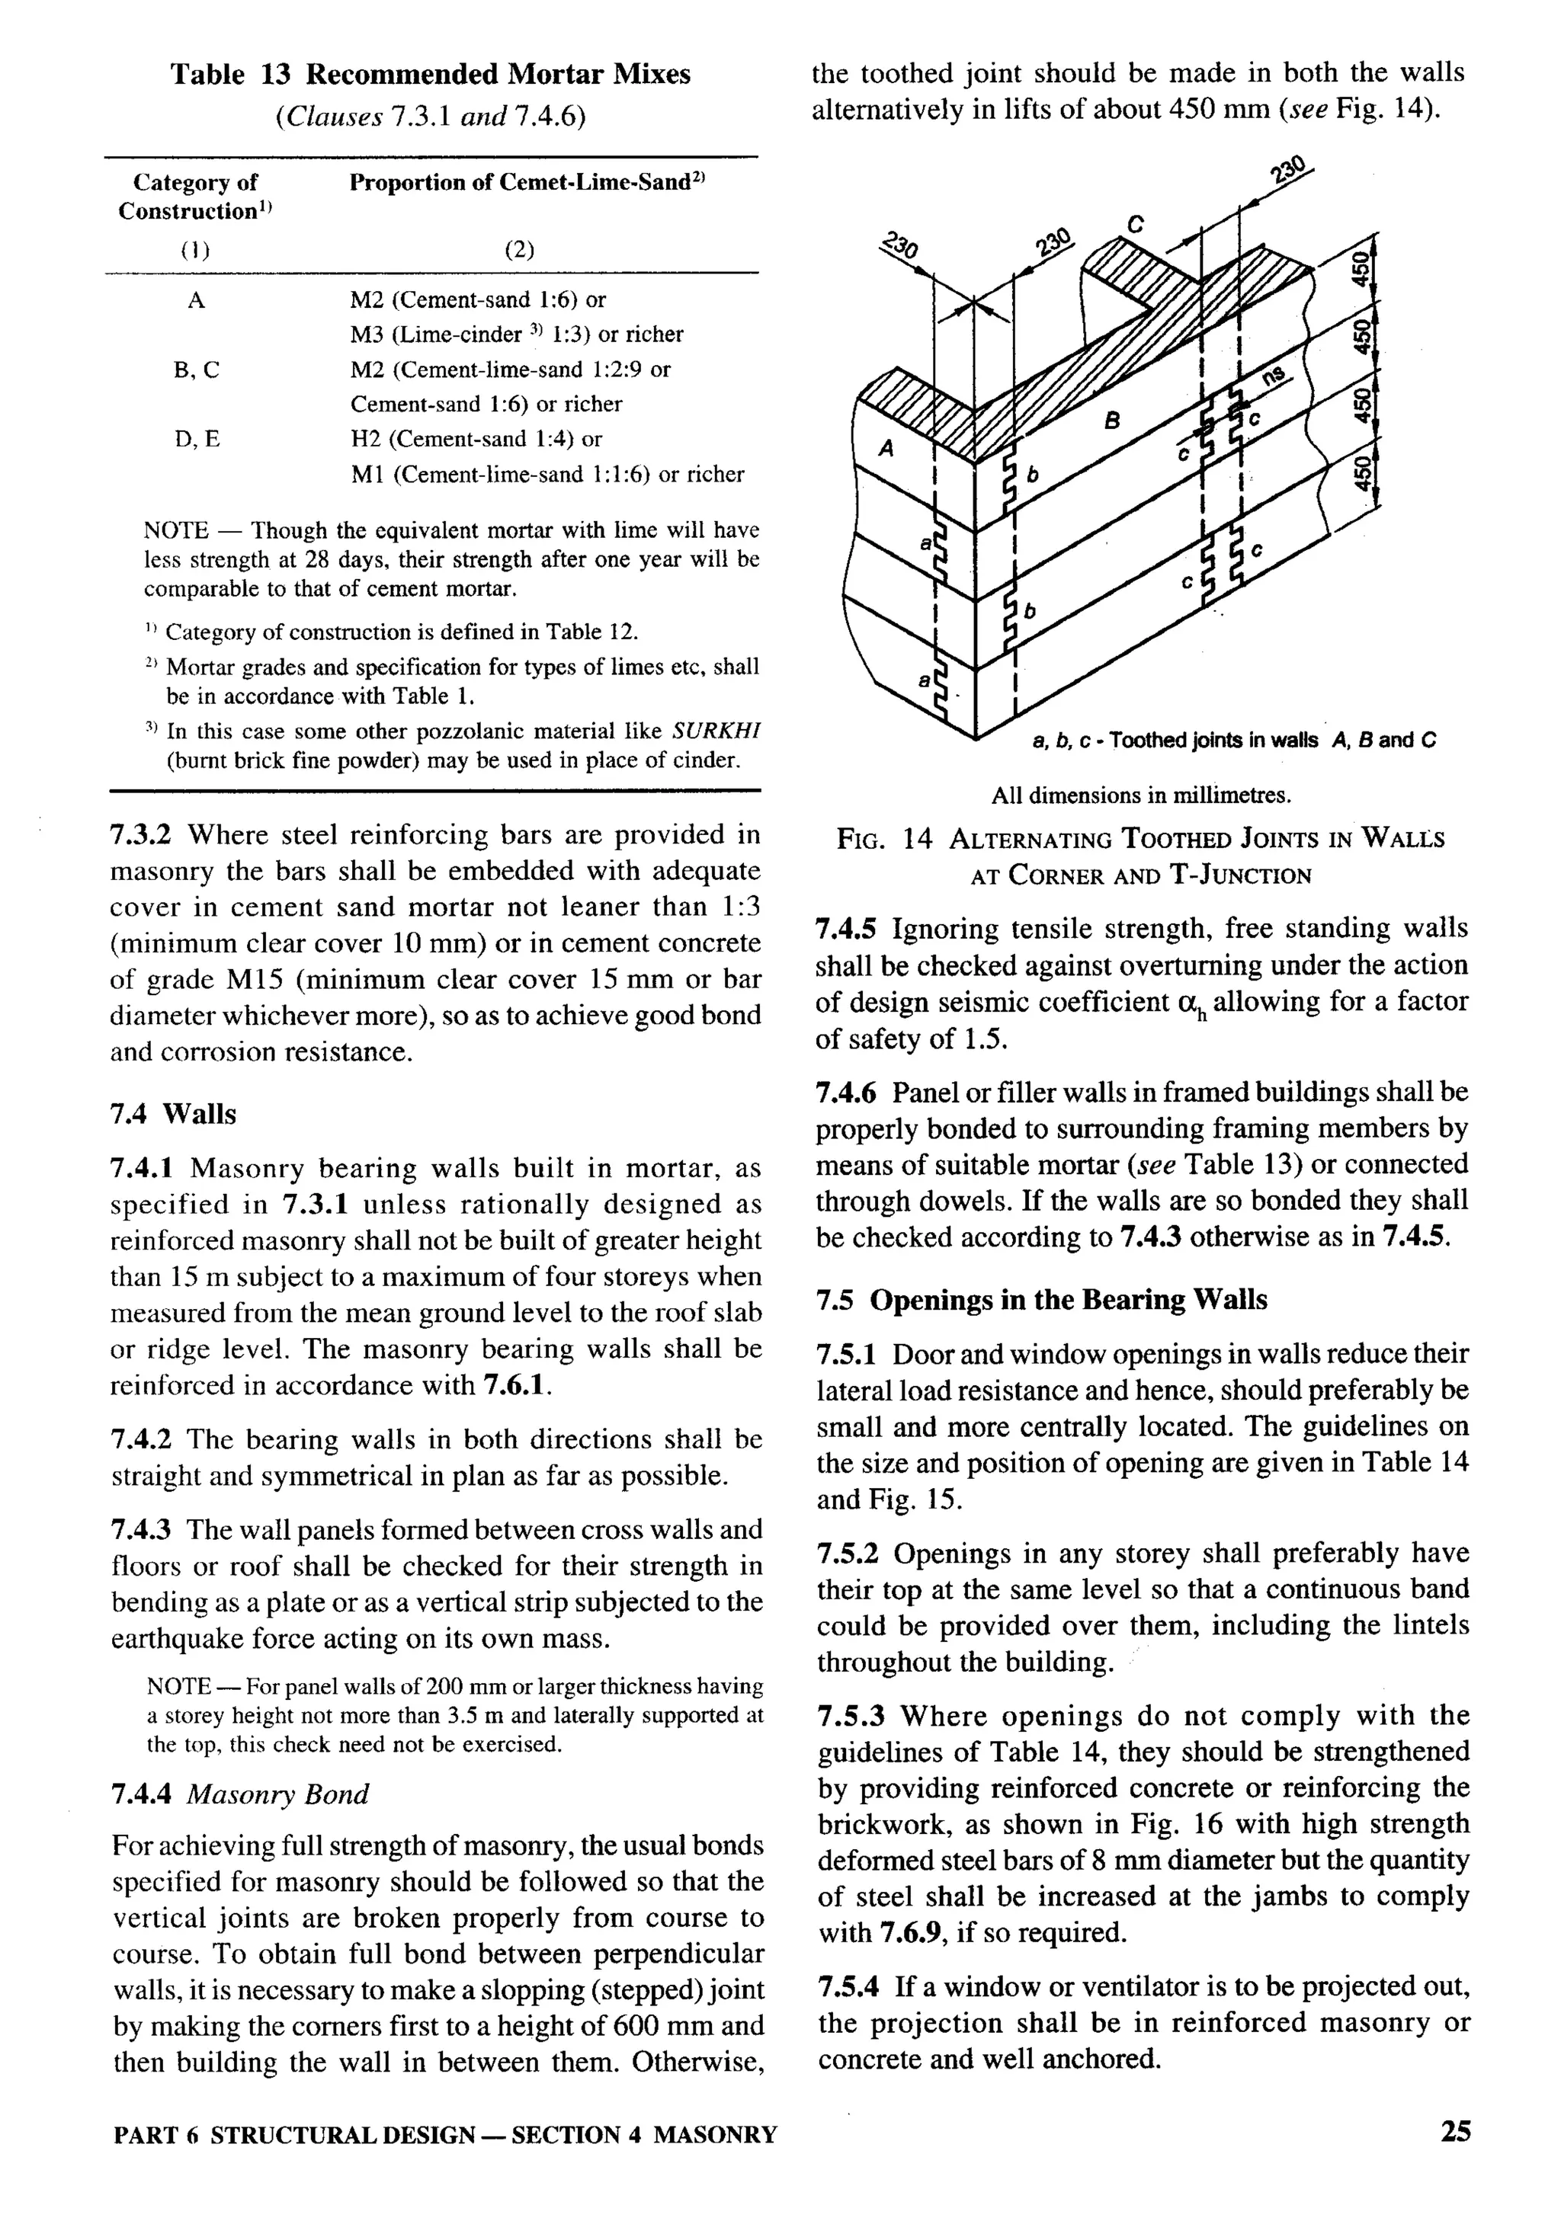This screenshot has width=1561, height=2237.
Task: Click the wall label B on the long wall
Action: [1111, 421]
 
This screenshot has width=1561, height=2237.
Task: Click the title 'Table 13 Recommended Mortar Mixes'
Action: [431, 74]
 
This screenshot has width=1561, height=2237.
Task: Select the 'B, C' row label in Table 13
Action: [197, 370]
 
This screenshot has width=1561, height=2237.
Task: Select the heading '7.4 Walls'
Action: [174, 1114]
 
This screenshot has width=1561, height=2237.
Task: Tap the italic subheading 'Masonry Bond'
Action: [277, 1794]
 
